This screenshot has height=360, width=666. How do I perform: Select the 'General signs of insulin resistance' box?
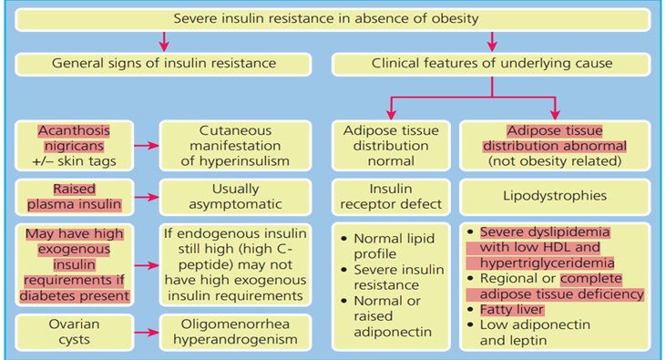tap(164, 64)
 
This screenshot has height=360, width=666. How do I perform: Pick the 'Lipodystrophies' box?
tap(555, 196)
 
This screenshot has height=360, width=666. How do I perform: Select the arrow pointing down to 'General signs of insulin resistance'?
tap(164, 41)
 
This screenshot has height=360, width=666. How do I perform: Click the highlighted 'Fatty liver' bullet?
tap(515, 310)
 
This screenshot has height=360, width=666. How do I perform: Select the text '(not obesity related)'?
tap(555, 161)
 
